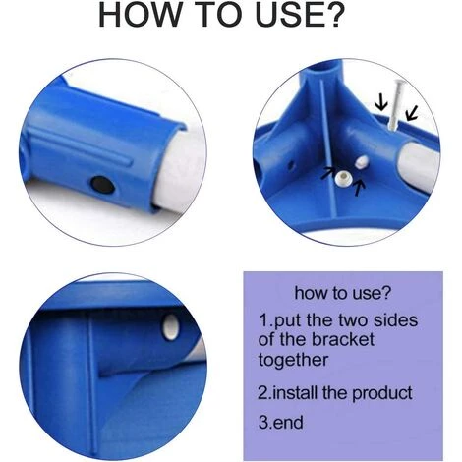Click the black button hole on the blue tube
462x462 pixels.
click(x=102, y=185)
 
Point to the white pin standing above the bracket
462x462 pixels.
click(x=395, y=104)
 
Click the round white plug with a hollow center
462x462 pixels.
click(x=343, y=179)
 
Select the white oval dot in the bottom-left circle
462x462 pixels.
click(x=171, y=326)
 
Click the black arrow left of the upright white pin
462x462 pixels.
click(x=380, y=102)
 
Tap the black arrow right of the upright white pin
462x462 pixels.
click(x=412, y=113)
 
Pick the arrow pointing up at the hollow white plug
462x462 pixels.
click(x=359, y=188)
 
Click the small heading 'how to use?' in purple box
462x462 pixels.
click(x=343, y=293)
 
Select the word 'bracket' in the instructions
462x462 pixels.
click(x=343, y=340)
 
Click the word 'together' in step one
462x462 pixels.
click(x=293, y=360)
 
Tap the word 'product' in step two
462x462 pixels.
click(x=382, y=393)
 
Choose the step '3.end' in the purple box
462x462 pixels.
click(x=281, y=422)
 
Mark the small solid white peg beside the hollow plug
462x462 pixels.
click(x=362, y=161)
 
